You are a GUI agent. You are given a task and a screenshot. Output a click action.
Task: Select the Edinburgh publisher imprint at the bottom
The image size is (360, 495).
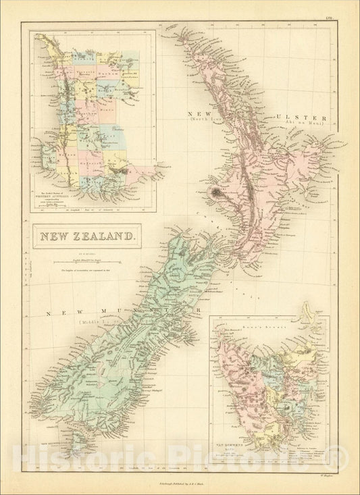(x=180, y=476)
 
